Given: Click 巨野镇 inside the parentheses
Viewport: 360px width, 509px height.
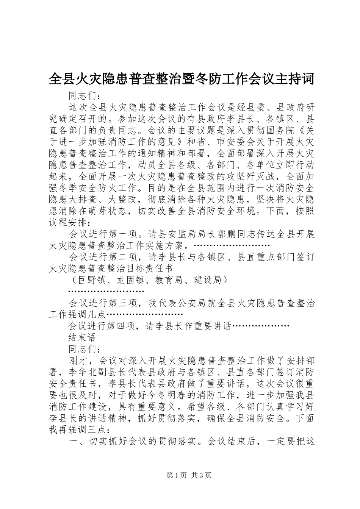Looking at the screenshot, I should (x=92, y=280).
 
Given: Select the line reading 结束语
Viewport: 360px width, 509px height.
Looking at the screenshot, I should (x=82, y=337).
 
